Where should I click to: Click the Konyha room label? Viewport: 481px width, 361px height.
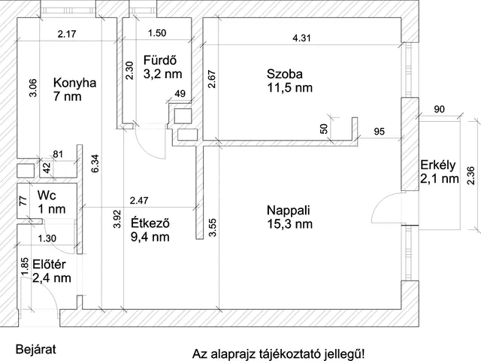74,83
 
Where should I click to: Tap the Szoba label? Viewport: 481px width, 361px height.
284,74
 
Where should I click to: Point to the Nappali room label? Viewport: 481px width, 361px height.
289,210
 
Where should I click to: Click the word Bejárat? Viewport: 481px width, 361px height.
35,350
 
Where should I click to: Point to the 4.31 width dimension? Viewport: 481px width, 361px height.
304,38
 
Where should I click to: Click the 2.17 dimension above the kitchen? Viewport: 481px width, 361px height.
68,33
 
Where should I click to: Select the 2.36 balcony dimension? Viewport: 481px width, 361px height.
470,174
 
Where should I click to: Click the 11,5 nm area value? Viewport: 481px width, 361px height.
289,88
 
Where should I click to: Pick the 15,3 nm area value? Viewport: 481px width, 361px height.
289,224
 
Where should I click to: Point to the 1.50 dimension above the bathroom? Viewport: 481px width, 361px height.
158,33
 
